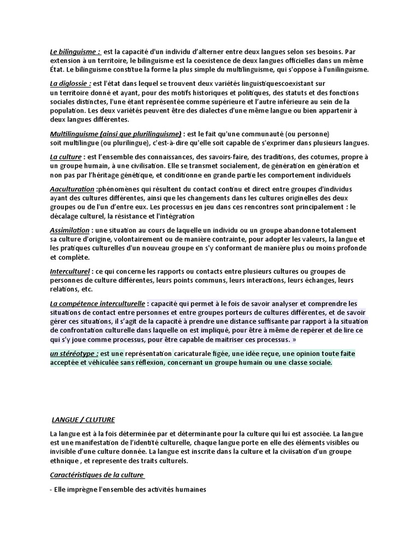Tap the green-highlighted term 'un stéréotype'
pyautogui.click(x=74, y=353)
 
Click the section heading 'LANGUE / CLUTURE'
pyautogui.click(x=83, y=419)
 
